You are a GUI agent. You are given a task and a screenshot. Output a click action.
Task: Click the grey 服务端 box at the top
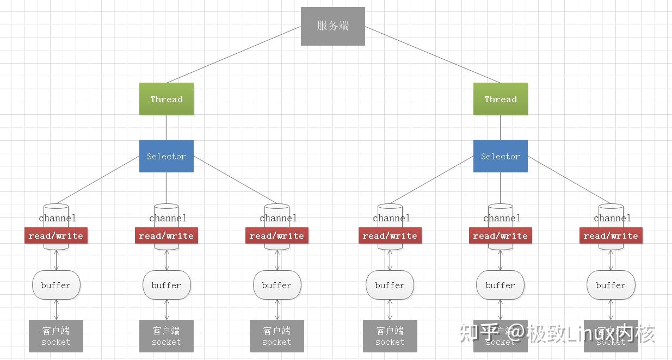coord(332,26)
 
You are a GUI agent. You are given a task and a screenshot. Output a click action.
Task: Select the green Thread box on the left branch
coord(167,99)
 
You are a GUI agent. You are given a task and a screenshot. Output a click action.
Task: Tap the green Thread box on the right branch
coord(500,99)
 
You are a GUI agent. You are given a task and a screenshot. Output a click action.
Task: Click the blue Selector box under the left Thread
coord(167,156)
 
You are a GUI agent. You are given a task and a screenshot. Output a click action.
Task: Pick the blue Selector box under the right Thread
coord(500,156)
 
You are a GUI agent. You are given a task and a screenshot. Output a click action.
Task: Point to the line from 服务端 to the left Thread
coord(234,54)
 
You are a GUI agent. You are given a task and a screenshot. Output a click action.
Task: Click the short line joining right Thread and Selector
coord(500,128)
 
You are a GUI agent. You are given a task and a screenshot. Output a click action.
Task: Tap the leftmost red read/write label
coord(56,235)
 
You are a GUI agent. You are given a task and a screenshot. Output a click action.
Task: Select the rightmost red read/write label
coord(611,235)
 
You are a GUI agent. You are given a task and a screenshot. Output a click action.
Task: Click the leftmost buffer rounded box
coord(56,285)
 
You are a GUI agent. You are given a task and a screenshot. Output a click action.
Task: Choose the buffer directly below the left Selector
coord(167,285)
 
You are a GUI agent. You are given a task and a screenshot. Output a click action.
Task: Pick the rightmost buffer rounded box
coord(611,285)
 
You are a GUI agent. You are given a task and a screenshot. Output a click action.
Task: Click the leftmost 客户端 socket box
coord(56,336)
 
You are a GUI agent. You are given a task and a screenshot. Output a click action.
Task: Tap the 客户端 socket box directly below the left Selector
coord(167,336)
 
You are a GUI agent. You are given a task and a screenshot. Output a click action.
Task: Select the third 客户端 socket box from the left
coord(277,336)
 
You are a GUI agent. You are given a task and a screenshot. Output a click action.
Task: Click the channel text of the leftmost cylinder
coord(57,219)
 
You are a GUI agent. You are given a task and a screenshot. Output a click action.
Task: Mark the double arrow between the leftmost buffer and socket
coord(56,309)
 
